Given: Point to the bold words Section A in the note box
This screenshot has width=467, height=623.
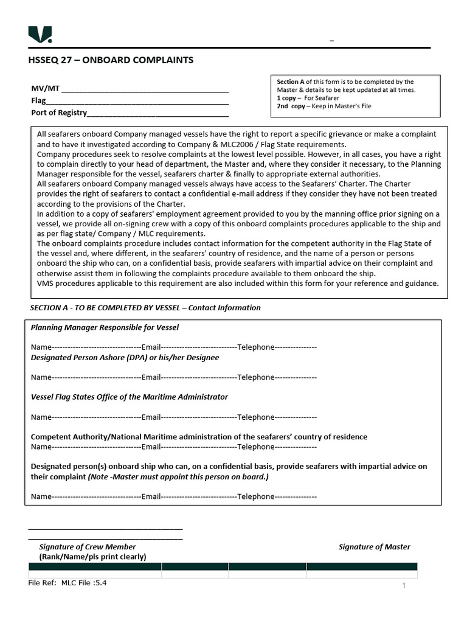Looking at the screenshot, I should [291, 82].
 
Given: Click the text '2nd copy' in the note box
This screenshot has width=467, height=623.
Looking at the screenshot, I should [291, 106].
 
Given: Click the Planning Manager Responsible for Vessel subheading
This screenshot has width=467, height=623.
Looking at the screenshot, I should [105, 327].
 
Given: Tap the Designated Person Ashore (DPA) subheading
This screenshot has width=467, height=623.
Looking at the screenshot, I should [125, 357].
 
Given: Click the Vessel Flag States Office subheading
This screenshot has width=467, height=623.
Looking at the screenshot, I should [130, 397].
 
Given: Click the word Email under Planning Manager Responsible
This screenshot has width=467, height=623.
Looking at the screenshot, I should [151, 347].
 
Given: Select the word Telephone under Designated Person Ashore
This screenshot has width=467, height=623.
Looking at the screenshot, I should [256, 377].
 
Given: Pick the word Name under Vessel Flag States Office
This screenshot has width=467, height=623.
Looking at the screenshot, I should [41, 417].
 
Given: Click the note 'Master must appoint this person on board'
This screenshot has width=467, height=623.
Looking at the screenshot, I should [179, 477].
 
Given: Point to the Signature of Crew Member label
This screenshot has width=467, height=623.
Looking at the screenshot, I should [87, 547].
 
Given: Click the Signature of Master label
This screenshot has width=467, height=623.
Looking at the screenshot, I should [374, 547].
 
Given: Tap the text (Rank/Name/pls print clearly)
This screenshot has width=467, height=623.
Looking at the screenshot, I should [92, 557].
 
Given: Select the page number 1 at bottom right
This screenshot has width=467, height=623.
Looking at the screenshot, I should [403, 586].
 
